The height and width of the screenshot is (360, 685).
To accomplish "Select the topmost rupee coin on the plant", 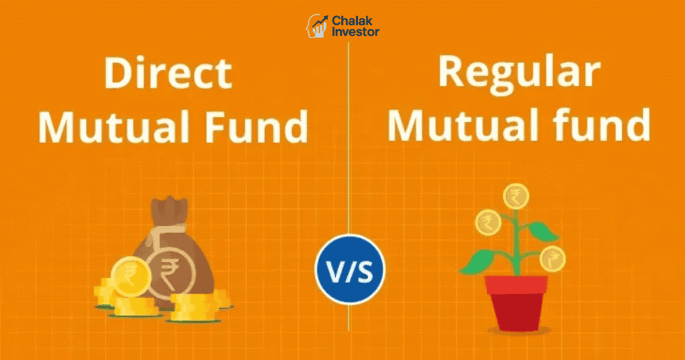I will (x=515, y=196).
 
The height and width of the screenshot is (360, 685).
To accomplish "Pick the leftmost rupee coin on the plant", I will (x=488, y=222).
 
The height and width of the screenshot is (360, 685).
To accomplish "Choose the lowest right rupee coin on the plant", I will (x=553, y=258).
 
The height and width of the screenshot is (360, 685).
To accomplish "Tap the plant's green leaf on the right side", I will (x=543, y=230).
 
